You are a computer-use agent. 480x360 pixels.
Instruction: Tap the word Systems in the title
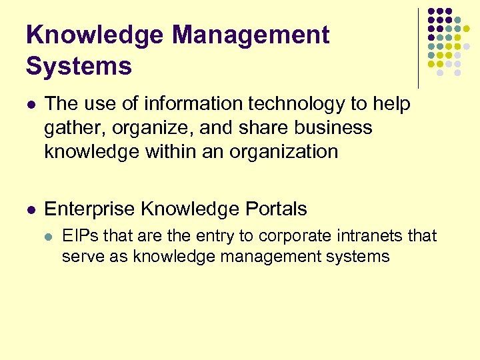(79, 66)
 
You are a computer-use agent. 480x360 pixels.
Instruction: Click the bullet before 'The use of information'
(31, 105)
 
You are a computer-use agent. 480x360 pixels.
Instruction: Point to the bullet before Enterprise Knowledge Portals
(31, 210)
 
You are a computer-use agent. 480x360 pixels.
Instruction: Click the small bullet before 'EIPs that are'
(48, 236)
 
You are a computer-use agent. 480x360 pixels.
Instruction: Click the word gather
(70, 129)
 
